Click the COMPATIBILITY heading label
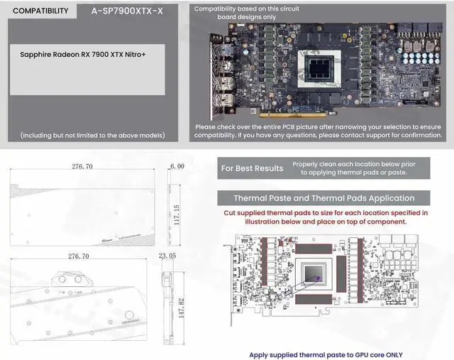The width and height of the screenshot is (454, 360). click(x=41, y=11)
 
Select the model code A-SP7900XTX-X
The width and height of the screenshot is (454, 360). click(x=127, y=11)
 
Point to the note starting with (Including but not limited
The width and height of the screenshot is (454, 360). click(x=93, y=135)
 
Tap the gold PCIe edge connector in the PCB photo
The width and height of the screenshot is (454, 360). click(x=298, y=114)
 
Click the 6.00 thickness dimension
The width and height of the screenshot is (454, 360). click(x=177, y=165)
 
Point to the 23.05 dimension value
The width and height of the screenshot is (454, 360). click(x=167, y=256)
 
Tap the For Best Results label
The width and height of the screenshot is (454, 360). click(x=252, y=168)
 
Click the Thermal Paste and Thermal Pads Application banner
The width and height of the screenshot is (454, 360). click(x=324, y=198)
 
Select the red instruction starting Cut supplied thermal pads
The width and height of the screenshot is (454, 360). click(x=324, y=217)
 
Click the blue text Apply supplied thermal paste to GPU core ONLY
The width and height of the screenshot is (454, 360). click(x=324, y=354)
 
